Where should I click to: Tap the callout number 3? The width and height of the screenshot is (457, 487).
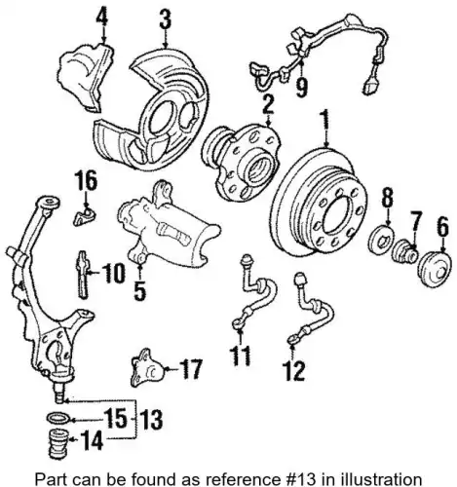pyautogui.click(x=166, y=19)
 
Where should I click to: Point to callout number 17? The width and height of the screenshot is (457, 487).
pyautogui.click(x=192, y=369)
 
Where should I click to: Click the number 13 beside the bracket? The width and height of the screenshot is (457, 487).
pyautogui.click(x=152, y=419)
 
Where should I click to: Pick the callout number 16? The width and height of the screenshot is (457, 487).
pyautogui.click(x=87, y=181)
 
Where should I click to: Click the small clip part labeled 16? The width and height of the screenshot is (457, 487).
pyautogui.click(x=84, y=216)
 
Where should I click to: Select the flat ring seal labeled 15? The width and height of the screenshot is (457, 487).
pyautogui.click(x=58, y=419)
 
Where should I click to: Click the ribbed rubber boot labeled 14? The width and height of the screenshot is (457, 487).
pyautogui.click(x=58, y=443)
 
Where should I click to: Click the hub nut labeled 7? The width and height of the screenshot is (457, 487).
pyautogui.click(x=404, y=252)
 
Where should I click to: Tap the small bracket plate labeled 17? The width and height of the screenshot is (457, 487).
pyautogui.click(x=147, y=368)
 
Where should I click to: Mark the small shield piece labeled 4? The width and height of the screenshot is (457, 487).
pyautogui.click(x=87, y=77)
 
